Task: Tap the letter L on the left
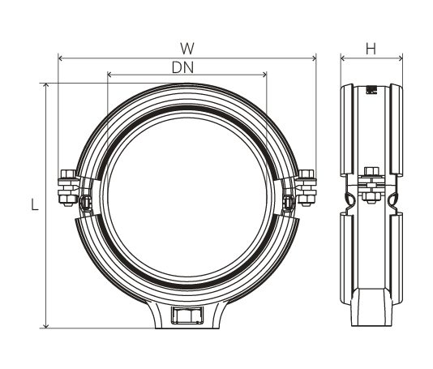[x=35, y=206]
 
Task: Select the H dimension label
[x=371, y=48]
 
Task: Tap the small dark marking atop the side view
[x=372, y=90]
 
